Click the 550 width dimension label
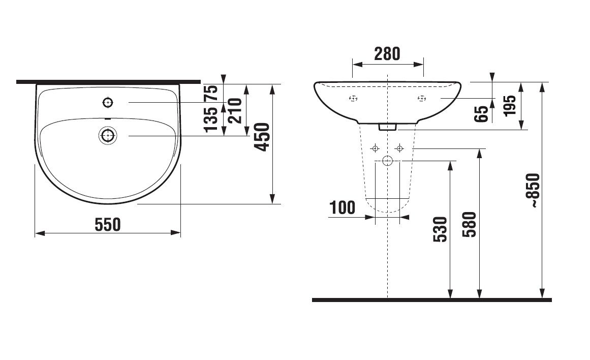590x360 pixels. point(108,224)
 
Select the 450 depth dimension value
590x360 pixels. point(262,137)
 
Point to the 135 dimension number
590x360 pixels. point(211,119)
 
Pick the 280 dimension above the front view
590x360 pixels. point(387,54)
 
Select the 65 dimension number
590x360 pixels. point(481,114)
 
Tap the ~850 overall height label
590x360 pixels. point(534,191)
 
